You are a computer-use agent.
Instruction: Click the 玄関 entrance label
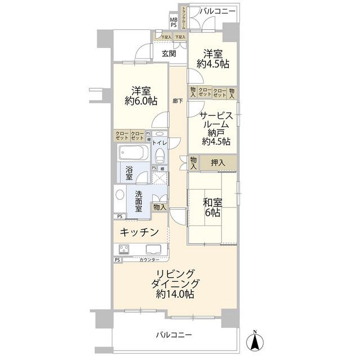pos(169,54)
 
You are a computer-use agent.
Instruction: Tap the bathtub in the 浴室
pos(133,152)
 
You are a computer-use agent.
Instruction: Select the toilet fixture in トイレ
pos(159,154)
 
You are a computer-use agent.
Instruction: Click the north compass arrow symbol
pos(254,340)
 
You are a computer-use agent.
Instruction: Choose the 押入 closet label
pos(218,163)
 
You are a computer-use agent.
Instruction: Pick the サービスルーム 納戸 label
pos(214,129)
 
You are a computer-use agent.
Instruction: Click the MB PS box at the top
pos(174,22)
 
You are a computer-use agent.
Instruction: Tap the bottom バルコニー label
pos(174,335)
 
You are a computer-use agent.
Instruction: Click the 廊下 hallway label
pos(178,100)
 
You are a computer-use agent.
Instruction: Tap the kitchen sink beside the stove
pos(153,249)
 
